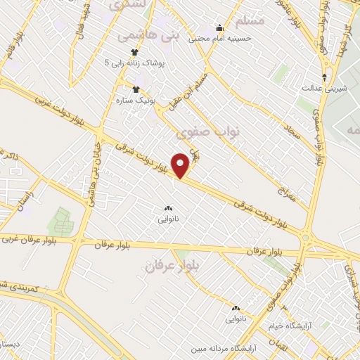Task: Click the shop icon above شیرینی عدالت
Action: click(324, 76)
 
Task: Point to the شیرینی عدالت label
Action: click(324, 88)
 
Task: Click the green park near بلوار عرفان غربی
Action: click(60, 221)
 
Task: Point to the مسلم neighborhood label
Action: click(250, 22)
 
